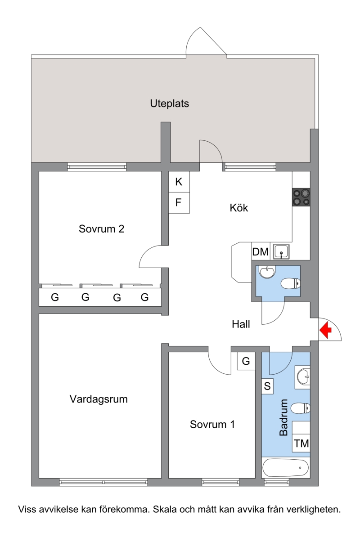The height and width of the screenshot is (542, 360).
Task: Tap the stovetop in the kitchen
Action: [x=301, y=197]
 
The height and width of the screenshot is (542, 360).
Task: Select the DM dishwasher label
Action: [x=260, y=251]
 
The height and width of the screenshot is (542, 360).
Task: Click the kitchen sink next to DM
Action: [x=281, y=251]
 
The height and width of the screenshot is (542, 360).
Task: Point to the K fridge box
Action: [x=179, y=182]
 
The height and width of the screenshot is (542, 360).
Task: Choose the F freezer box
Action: [x=179, y=203]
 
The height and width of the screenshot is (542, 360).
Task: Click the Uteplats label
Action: [x=170, y=103]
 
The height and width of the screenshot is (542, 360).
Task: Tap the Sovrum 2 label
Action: [x=101, y=229]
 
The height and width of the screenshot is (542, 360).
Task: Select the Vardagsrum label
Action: [x=99, y=399]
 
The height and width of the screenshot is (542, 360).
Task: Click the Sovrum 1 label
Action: [x=212, y=425]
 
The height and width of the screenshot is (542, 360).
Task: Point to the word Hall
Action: [x=241, y=324]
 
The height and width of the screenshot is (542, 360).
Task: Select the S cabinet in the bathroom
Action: [x=267, y=386]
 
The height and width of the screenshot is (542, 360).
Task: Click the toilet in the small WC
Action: [x=291, y=283]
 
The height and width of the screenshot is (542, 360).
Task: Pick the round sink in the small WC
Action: [x=267, y=272]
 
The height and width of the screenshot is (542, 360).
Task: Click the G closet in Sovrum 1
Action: [x=246, y=361]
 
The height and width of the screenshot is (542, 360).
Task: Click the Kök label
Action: [x=239, y=208]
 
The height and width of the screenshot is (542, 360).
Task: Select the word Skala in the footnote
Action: [x=164, y=509]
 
